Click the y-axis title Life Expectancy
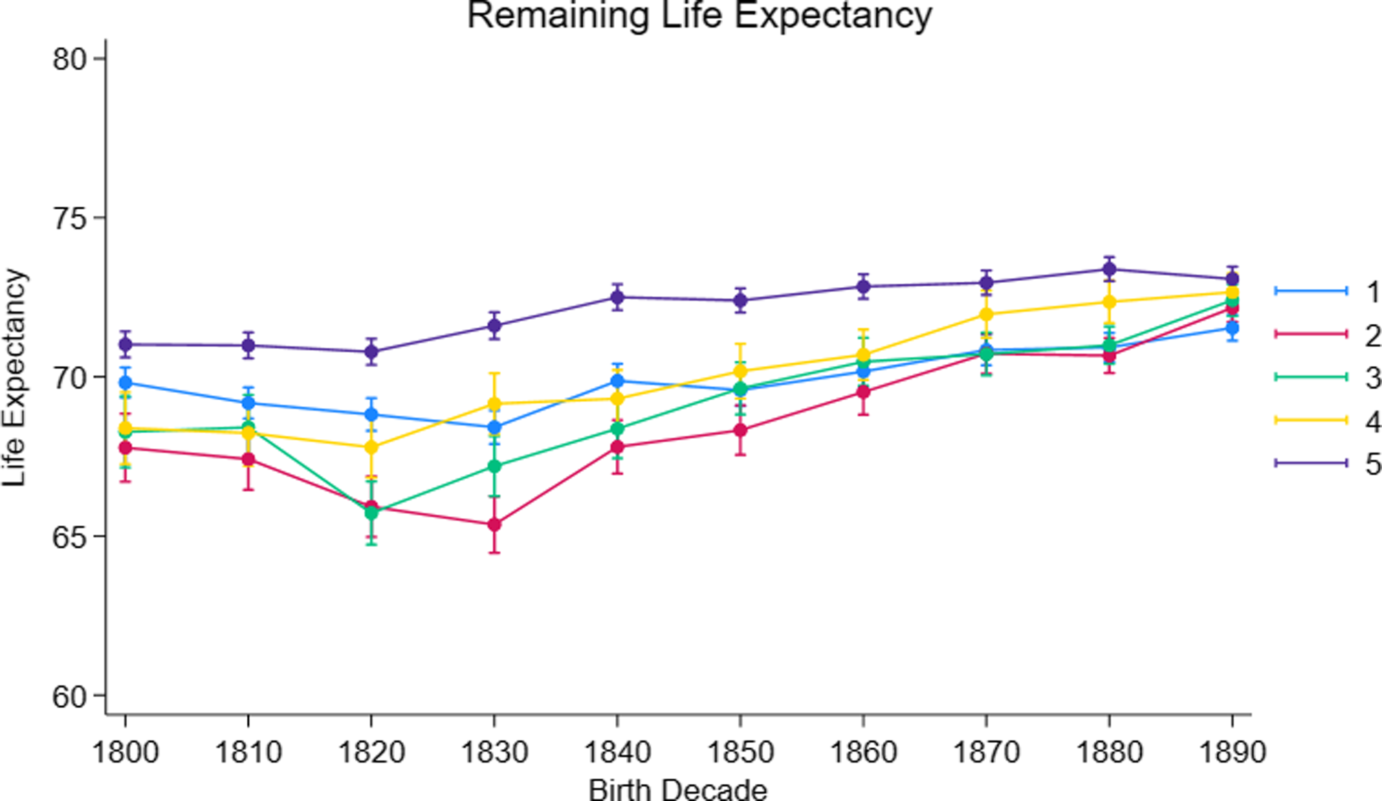(x=14, y=378)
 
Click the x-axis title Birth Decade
(x=678, y=789)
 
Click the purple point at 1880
(x=1109, y=269)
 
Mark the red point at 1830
(x=494, y=525)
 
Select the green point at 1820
(x=371, y=513)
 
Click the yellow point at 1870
(x=986, y=314)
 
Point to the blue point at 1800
(x=126, y=383)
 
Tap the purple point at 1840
(x=617, y=297)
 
